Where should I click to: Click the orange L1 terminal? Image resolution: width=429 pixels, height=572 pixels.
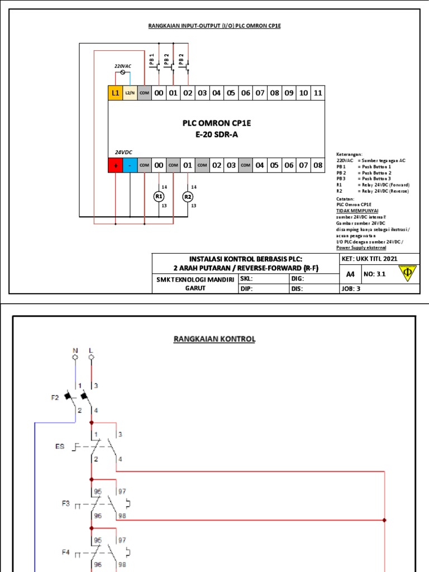(x=115, y=93)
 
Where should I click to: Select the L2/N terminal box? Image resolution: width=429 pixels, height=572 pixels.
(x=130, y=93)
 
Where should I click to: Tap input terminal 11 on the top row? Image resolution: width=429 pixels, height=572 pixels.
(x=317, y=93)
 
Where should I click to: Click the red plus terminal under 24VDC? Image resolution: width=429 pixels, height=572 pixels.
(x=115, y=165)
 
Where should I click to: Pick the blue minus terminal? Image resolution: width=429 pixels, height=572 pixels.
(x=130, y=165)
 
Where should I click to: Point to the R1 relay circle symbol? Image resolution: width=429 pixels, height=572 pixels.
(x=159, y=197)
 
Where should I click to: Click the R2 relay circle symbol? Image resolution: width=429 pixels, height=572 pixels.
(x=188, y=197)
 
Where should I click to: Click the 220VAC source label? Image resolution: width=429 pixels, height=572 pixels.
(x=123, y=66)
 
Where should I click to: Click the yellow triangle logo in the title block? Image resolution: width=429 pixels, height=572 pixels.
(x=407, y=273)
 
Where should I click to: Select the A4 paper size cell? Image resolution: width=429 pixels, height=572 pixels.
(x=350, y=274)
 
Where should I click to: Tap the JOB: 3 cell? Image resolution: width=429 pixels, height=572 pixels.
(x=352, y=289)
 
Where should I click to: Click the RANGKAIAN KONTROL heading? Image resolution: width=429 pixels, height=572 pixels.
(x=214, y=339)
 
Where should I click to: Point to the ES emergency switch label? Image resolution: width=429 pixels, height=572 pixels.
(x=60, y=446)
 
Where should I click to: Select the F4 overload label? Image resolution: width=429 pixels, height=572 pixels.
(x=66, y=552)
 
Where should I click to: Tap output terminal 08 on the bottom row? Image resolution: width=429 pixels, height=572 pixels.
(x=317, y=165)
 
